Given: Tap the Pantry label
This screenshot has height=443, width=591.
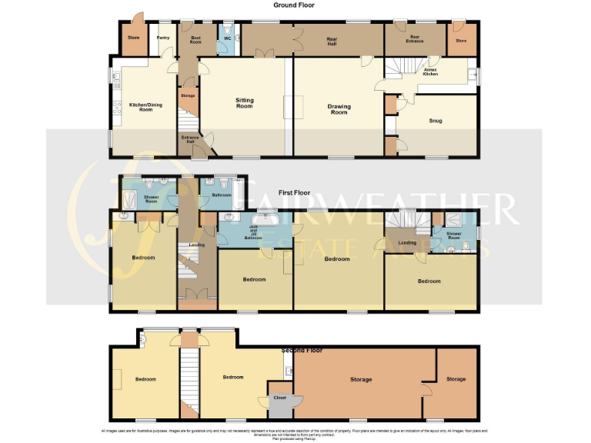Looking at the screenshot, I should pos(162,38).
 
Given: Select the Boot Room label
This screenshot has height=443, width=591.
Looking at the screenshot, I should pos(195,40).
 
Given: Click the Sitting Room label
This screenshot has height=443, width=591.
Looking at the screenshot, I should pos(245,103).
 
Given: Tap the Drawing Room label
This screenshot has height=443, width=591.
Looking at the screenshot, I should pos(339,109).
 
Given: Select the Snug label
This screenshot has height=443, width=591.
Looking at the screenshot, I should pos(432,121).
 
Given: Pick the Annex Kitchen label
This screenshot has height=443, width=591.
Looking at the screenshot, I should pos(431,72).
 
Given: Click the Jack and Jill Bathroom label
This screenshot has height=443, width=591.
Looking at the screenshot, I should pos(254,234).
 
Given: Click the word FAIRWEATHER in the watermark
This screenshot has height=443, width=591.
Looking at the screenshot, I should pos(377,208).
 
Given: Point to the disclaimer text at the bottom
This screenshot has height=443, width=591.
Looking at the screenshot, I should pos(296,433).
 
